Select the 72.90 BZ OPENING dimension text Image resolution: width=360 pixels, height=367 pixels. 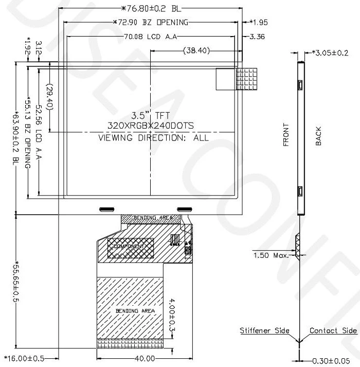150,22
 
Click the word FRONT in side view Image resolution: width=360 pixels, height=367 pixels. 286,135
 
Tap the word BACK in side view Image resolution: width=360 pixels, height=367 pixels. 318,136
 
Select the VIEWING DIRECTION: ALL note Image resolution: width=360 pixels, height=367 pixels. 153,137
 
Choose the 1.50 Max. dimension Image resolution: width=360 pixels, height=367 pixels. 272,254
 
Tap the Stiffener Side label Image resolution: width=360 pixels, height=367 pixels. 264,330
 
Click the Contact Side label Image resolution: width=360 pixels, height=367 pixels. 333,330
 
